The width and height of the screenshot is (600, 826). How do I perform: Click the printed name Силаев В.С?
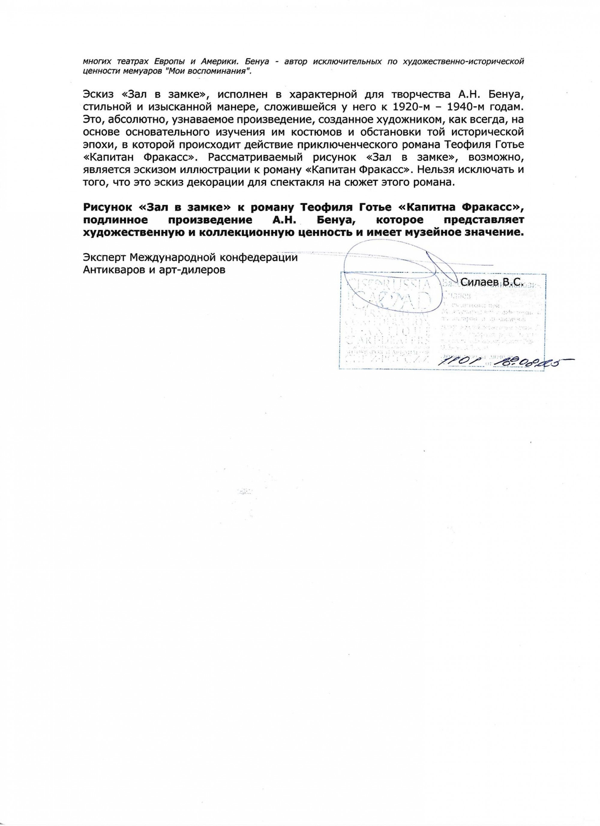tap(491, 282)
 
